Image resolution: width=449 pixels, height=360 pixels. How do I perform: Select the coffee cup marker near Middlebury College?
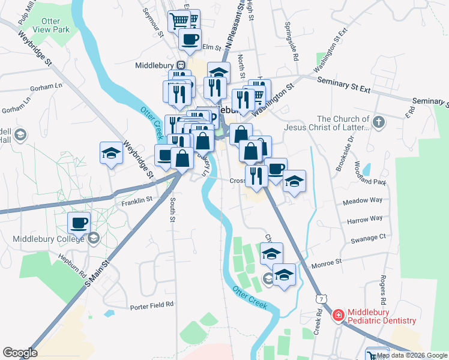tap(79, 223)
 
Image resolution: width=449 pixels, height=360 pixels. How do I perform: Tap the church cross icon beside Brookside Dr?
tap(378, 122)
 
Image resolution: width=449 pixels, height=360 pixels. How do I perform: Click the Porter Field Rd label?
tap(152, 305)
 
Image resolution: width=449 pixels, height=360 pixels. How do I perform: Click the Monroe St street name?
tap(326, 262)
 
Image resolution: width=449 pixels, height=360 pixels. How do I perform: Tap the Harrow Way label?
tap(364, 220)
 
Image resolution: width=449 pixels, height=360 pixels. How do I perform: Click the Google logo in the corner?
tap(19, 352)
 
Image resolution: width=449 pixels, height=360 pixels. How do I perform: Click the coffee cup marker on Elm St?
tap(190, 40)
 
